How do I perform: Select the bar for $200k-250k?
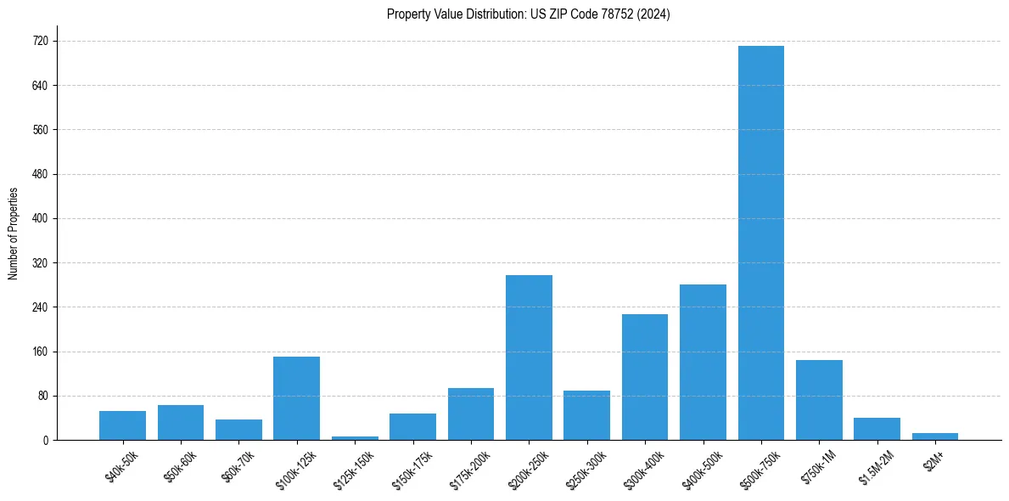[x=529, y=357]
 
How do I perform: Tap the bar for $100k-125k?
[x=296, y=398]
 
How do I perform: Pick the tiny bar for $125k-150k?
[x=355, y=438]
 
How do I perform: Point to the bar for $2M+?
[x=934, y=436]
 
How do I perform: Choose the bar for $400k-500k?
[x=703, y=363]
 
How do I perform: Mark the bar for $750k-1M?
[x=819, y=400]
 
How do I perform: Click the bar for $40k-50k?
[x=122, y=425]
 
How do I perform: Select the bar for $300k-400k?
[x=645, y=377]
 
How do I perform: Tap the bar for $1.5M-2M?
[x=877, y=429]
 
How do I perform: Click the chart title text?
[x=528, y=14]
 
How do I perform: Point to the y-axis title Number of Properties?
[x=14, y=234]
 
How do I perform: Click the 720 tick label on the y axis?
[x=40, y=41]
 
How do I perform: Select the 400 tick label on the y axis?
[x=40, y=218]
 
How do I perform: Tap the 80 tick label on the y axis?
[x=42, y=396]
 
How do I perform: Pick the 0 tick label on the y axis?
[x=45, y=440]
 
